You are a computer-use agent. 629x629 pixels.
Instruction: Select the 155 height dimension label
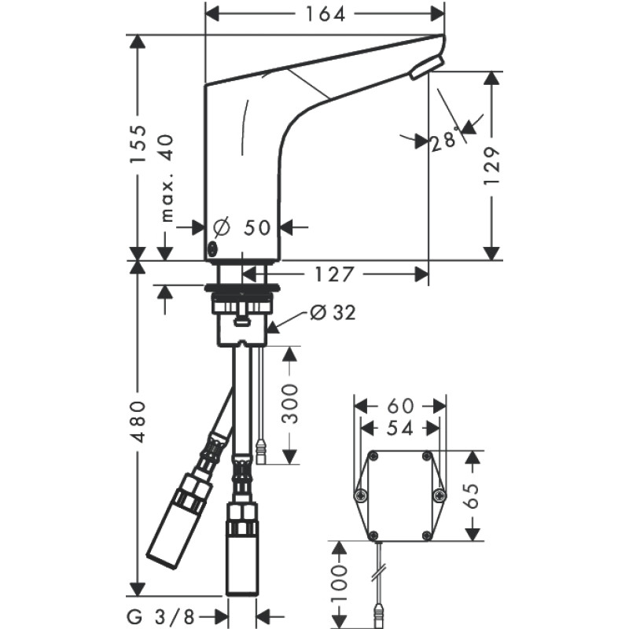click(x=138, y=145)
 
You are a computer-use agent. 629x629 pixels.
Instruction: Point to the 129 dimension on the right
click(x=492, y=165)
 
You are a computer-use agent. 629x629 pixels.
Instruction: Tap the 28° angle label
click(x=444, y=141)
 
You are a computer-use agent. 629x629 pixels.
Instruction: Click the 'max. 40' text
click(x=167, y=178)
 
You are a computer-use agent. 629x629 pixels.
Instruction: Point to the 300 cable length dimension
click(x=290, y=404)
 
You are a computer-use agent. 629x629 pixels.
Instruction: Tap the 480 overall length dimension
click(x=138, y=421)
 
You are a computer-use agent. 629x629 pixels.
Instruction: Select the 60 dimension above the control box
click(x=400, y=406)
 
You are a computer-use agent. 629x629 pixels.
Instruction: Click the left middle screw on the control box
click(x=361, y=495)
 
